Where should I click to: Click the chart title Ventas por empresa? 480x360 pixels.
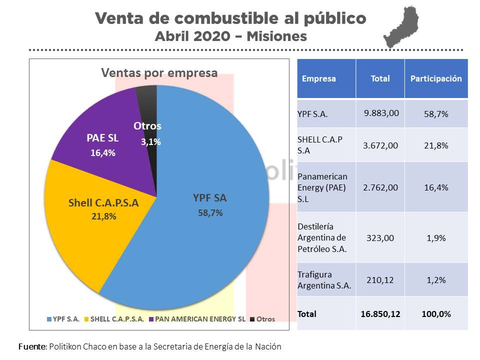pyautogui.click(x=159, y=73)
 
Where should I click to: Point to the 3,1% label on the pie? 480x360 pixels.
pyautogui.click(x=150, y=142)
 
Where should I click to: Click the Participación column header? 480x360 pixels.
pyautogui.click(x=436, y=78)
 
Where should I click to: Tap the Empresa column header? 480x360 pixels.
pyautogui.click(x=319, y=78)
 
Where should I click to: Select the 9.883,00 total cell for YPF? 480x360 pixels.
pyautogui.click(x=381, y=113)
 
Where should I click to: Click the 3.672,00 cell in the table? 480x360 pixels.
pyautogui.click(x=380, y=145)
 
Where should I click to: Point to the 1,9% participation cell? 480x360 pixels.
pyautogui.click(x=436, y=238)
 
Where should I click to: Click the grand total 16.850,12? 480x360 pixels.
pyautogui.click(x=380, y=314)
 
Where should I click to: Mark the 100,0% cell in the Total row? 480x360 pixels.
pyautogui.click(x=436, y=314)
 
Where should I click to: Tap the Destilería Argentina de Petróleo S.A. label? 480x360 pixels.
pyautogui.click(x=322, y=237)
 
